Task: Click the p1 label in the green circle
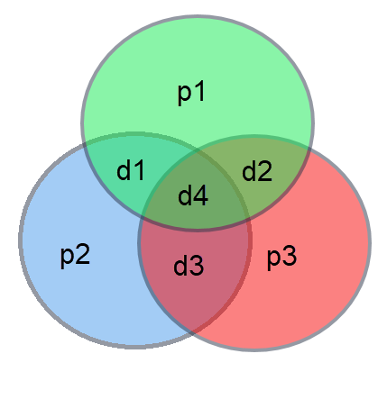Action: click(x=191, y=93)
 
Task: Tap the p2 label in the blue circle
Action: click(x=75, y=256)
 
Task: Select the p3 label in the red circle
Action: click(x=282, y=257)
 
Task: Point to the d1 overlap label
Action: click(x=131, y=169)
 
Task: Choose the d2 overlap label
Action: click(x=257, y=170)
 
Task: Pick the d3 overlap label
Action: click(x=189, y=266)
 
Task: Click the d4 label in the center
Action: click(x=193, y=195)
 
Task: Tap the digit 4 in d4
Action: click(x=200, y=195)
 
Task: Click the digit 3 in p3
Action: click(x=290, y=255)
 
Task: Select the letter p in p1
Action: click(x=185, y=95)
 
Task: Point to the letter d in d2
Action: click(x=249, y=170)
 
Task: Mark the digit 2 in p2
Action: click(x=83, y=254)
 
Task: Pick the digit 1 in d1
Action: click(x=140, y=169)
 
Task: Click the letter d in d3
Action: click(x=181, y=266)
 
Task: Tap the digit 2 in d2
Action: click(x=265, y=170)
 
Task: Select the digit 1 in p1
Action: click(x=200, y=91)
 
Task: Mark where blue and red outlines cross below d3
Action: click(x=192, y=331)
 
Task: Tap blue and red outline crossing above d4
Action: click(x=197, y=152)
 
